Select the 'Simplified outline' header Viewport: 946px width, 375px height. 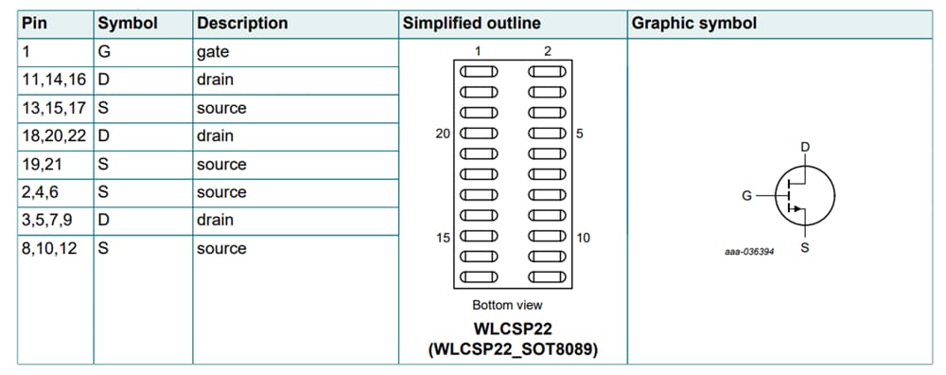click(x=472, y=24)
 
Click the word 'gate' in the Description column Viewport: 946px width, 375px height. click(x=213, y=52)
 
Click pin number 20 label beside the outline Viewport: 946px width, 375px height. click(x=443, y=134)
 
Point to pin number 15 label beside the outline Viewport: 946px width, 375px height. click(x=443, y=238)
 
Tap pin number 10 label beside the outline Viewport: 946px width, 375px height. click(x=583, y=238)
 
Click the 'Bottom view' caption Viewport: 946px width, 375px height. click(x=507, y=305)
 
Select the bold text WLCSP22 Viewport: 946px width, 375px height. click(x=513, y=330)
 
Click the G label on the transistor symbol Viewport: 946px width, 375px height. click(x=747, y=196)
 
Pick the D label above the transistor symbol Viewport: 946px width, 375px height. click(x=805, y=147)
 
